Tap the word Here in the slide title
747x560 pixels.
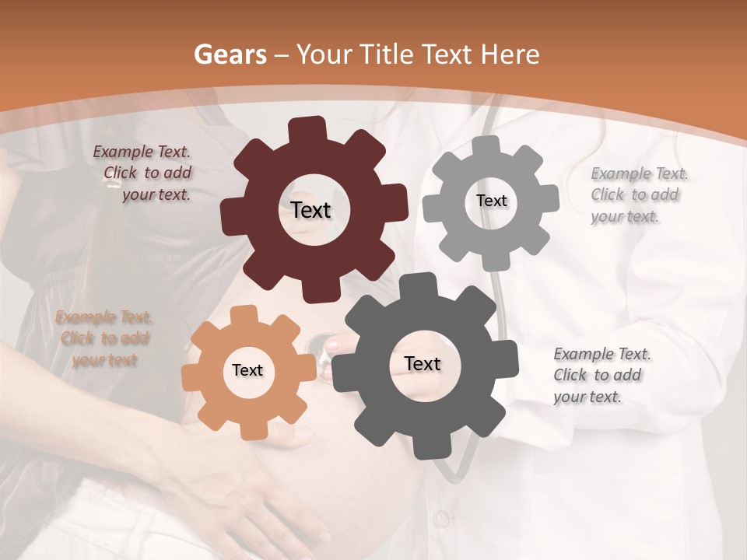click(510, 54)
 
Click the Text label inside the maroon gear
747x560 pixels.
click(310, 210)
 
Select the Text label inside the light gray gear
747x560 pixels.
click(491, 201)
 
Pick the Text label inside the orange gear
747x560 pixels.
click(247, 370)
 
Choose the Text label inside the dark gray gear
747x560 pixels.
click(422, 363)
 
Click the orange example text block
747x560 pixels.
click(104, 338)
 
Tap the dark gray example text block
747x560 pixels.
click(601, 375)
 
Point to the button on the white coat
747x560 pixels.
click(442, 516)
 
